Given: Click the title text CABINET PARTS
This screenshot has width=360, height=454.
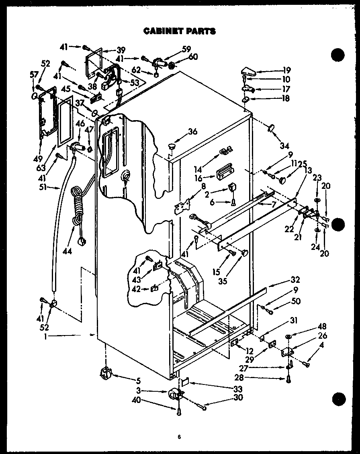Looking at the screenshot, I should pos(180,31).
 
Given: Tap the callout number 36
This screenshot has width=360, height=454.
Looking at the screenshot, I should pos(193,131).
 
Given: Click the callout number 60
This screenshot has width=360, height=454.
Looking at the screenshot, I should pos(193,57).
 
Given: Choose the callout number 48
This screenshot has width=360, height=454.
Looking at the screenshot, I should pos(311,327).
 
